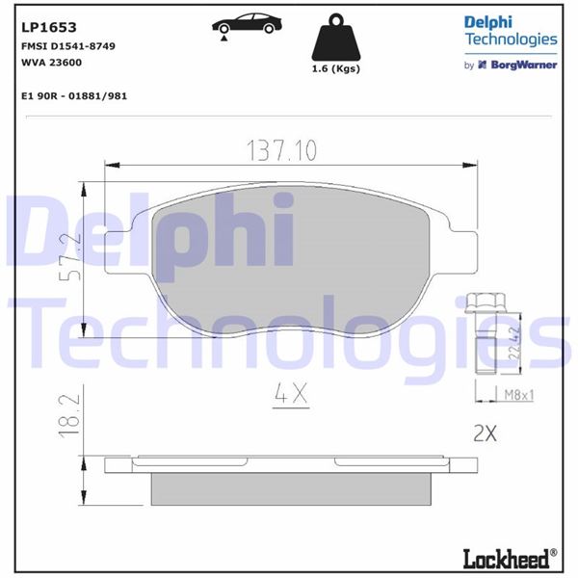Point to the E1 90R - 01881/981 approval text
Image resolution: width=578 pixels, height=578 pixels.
(73, 96)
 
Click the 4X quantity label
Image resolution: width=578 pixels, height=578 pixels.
(288, 394)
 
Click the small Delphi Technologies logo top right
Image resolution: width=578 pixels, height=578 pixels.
(511, 31)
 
